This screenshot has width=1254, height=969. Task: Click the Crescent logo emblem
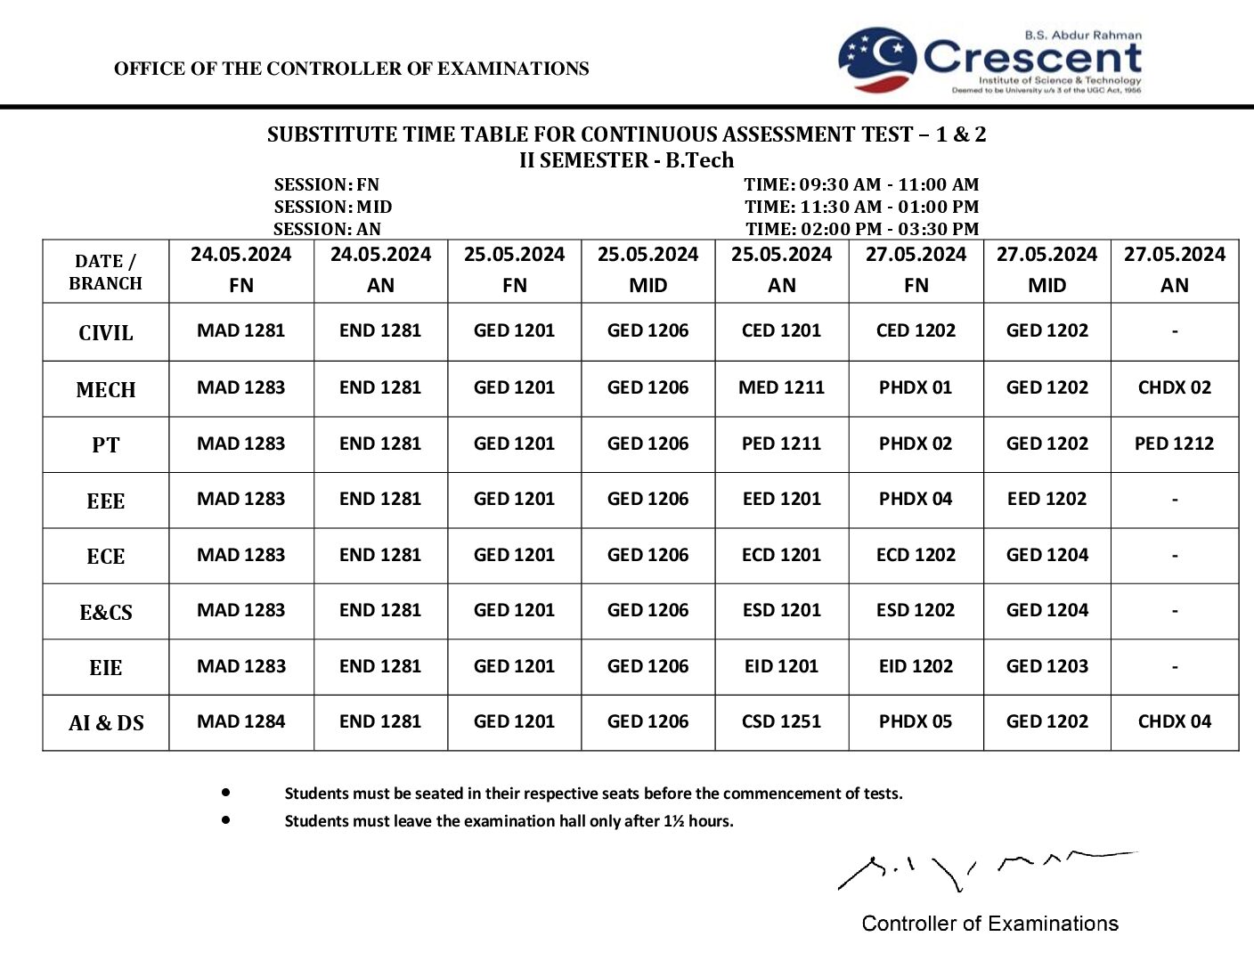point(876,60)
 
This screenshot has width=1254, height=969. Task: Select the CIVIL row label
point(106,333)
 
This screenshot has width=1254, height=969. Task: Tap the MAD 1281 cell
point(241,330)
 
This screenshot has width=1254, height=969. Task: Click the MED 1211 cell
point(781,387)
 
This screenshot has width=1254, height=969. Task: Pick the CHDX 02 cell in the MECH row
point(1174,387)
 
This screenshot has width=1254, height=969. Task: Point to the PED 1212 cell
point(1174,444)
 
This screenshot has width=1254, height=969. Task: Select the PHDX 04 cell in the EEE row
point(915,499)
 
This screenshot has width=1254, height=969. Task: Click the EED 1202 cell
point(1046,499)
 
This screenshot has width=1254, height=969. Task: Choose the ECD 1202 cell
point(915,555)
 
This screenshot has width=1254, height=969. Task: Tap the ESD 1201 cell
point(781,610)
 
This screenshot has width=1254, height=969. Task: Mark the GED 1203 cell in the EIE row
point(1046,666)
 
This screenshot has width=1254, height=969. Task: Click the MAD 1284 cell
point(241,721)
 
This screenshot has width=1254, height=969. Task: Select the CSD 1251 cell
point(781,721)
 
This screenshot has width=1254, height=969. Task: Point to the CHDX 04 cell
point(1174,721)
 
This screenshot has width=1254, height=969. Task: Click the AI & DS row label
point(106,723)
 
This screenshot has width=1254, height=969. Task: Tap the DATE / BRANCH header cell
point(106,272)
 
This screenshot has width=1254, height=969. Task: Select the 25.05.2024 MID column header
point(647,270)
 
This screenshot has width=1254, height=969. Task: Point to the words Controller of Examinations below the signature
point(989,924)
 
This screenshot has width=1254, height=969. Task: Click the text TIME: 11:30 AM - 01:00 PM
point(861,207)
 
